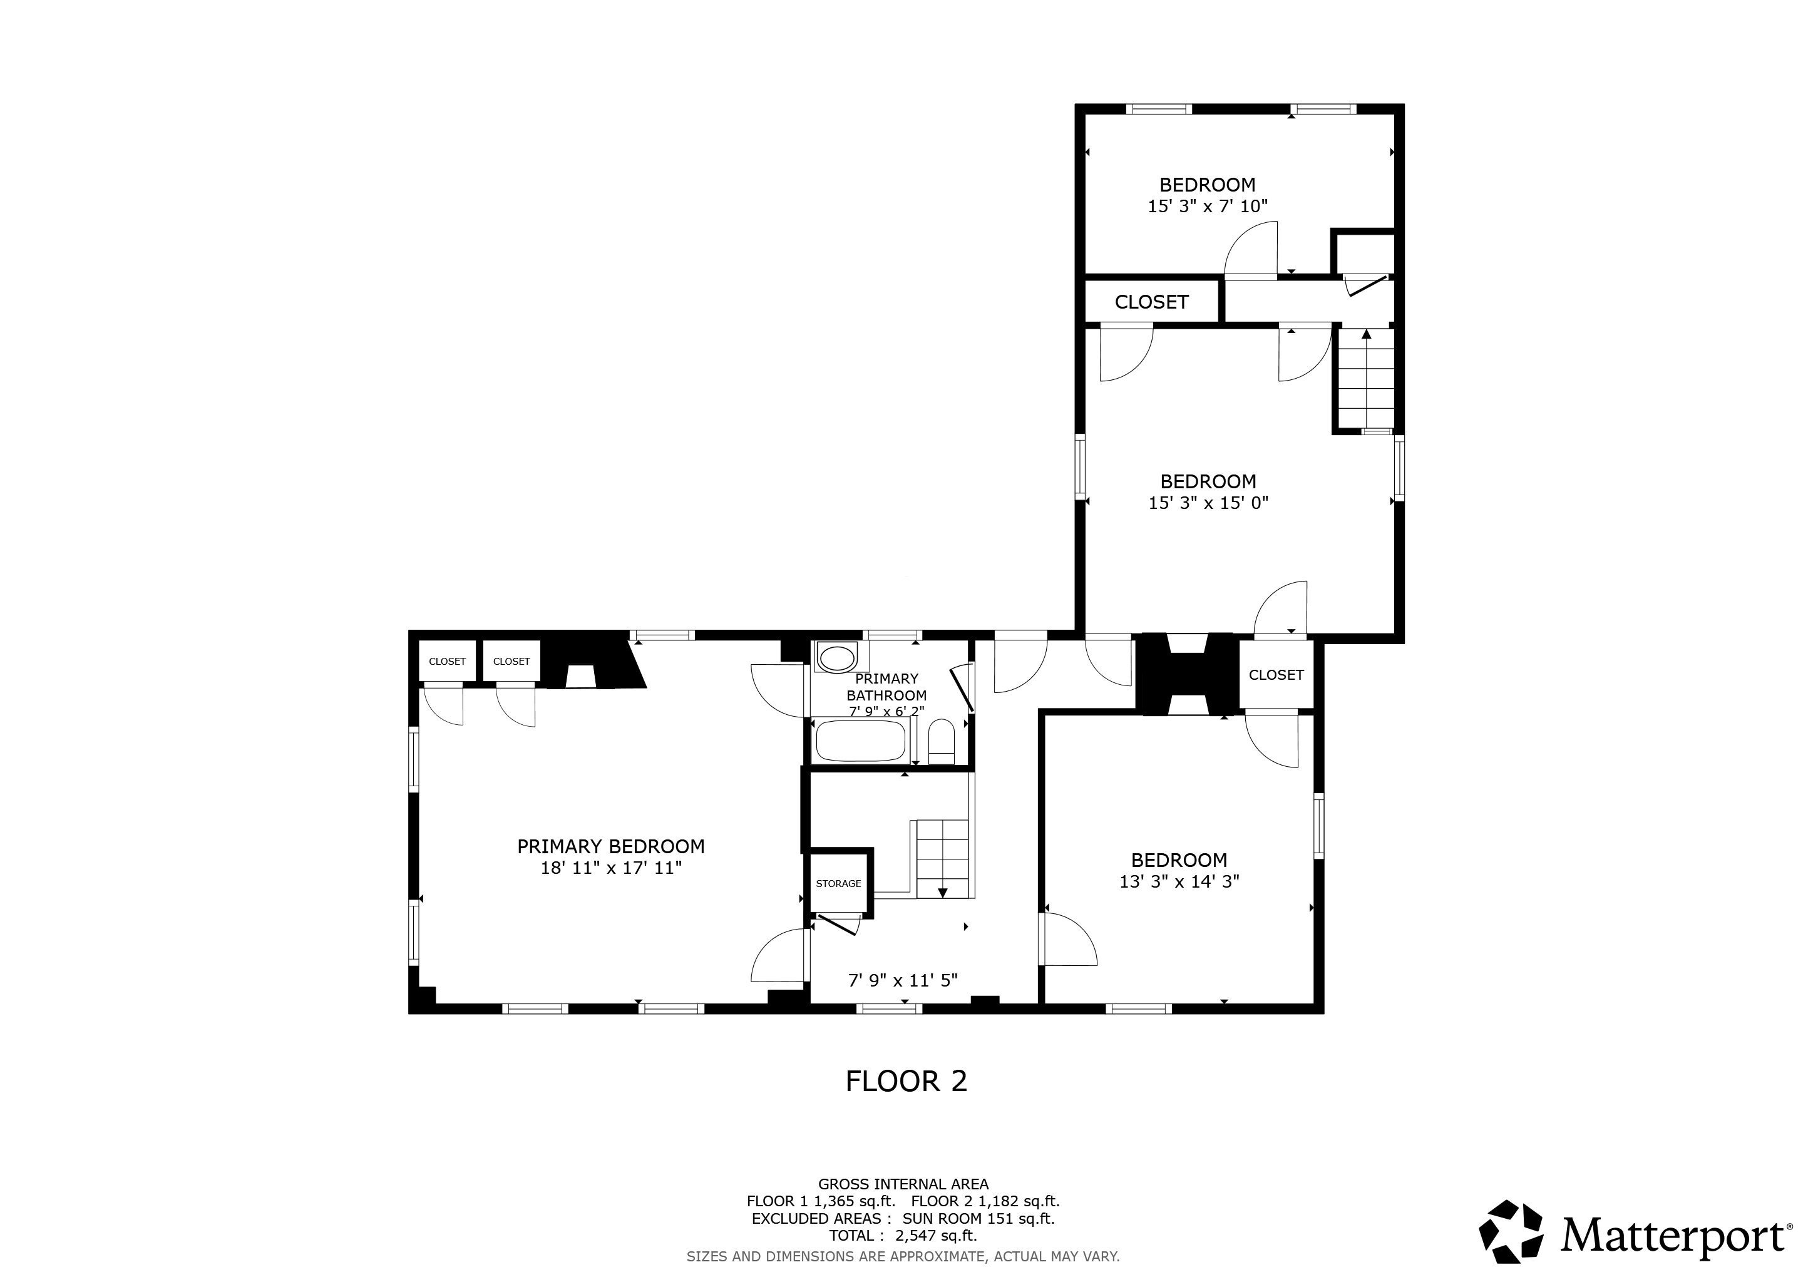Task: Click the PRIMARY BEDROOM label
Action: click(610, 846)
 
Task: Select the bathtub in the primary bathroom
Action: click(860, 741)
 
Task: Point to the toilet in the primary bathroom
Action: click(941, 741)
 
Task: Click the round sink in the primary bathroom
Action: click(836, 657)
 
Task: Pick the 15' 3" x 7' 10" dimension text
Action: click(1208, 206)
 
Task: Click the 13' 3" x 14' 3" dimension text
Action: click(1179, 881)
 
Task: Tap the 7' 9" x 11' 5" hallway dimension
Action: click(903, 980)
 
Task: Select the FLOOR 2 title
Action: click(906, 1080)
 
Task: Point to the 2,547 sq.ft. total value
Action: click(936, 1236)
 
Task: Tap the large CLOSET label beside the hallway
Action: click(1151, 302)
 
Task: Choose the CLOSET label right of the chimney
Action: click(1276, 675)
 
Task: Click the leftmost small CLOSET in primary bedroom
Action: click(447, 662)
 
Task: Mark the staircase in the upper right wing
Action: click(1365, 379)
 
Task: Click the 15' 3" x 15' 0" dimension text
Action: click(1208, 503)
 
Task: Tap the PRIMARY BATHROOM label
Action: click(886, 687)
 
